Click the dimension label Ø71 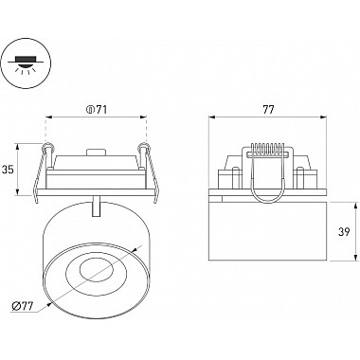point(97,110)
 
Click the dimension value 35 point(8,170)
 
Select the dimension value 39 point(344,232)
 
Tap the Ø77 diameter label point(22,307)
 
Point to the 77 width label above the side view point(268,110)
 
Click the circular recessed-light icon point(25,64)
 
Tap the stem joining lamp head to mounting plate point(97,207)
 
